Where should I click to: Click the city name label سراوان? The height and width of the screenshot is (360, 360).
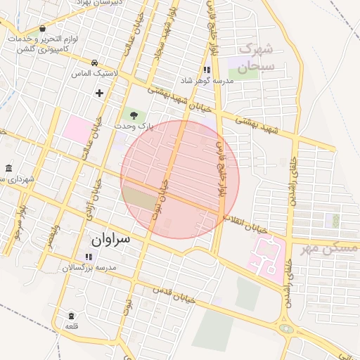(111, 240)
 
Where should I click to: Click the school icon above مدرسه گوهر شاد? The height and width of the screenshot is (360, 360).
(207, 70)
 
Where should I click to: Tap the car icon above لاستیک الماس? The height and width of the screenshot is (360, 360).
(95, 63)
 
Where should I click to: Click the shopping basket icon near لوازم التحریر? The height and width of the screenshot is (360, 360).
(43, 29)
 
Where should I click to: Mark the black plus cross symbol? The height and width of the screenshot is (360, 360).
(99, 93)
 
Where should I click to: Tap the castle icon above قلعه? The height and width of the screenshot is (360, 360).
(71, 316)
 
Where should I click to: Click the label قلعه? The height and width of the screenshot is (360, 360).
(71, 326)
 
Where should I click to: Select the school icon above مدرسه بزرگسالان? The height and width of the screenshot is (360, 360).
(89, 257)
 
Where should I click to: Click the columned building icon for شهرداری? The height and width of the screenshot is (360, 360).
(8, 169)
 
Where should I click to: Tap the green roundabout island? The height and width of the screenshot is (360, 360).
(286, 328)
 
